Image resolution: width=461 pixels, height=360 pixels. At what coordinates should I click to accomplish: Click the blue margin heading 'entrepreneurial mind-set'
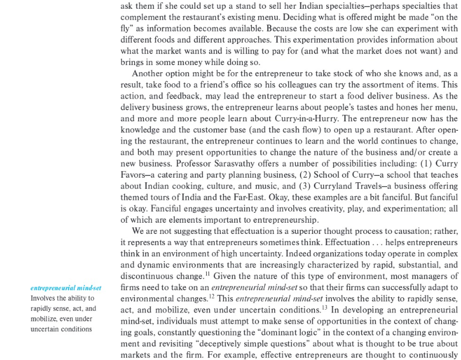coord(66,288)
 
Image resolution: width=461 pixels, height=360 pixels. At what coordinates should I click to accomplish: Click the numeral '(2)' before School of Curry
coord(304,174)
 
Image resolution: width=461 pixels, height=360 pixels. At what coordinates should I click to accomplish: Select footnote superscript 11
coord(207,273)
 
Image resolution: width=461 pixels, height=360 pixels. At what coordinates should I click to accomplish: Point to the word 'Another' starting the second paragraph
coord(151,73)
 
